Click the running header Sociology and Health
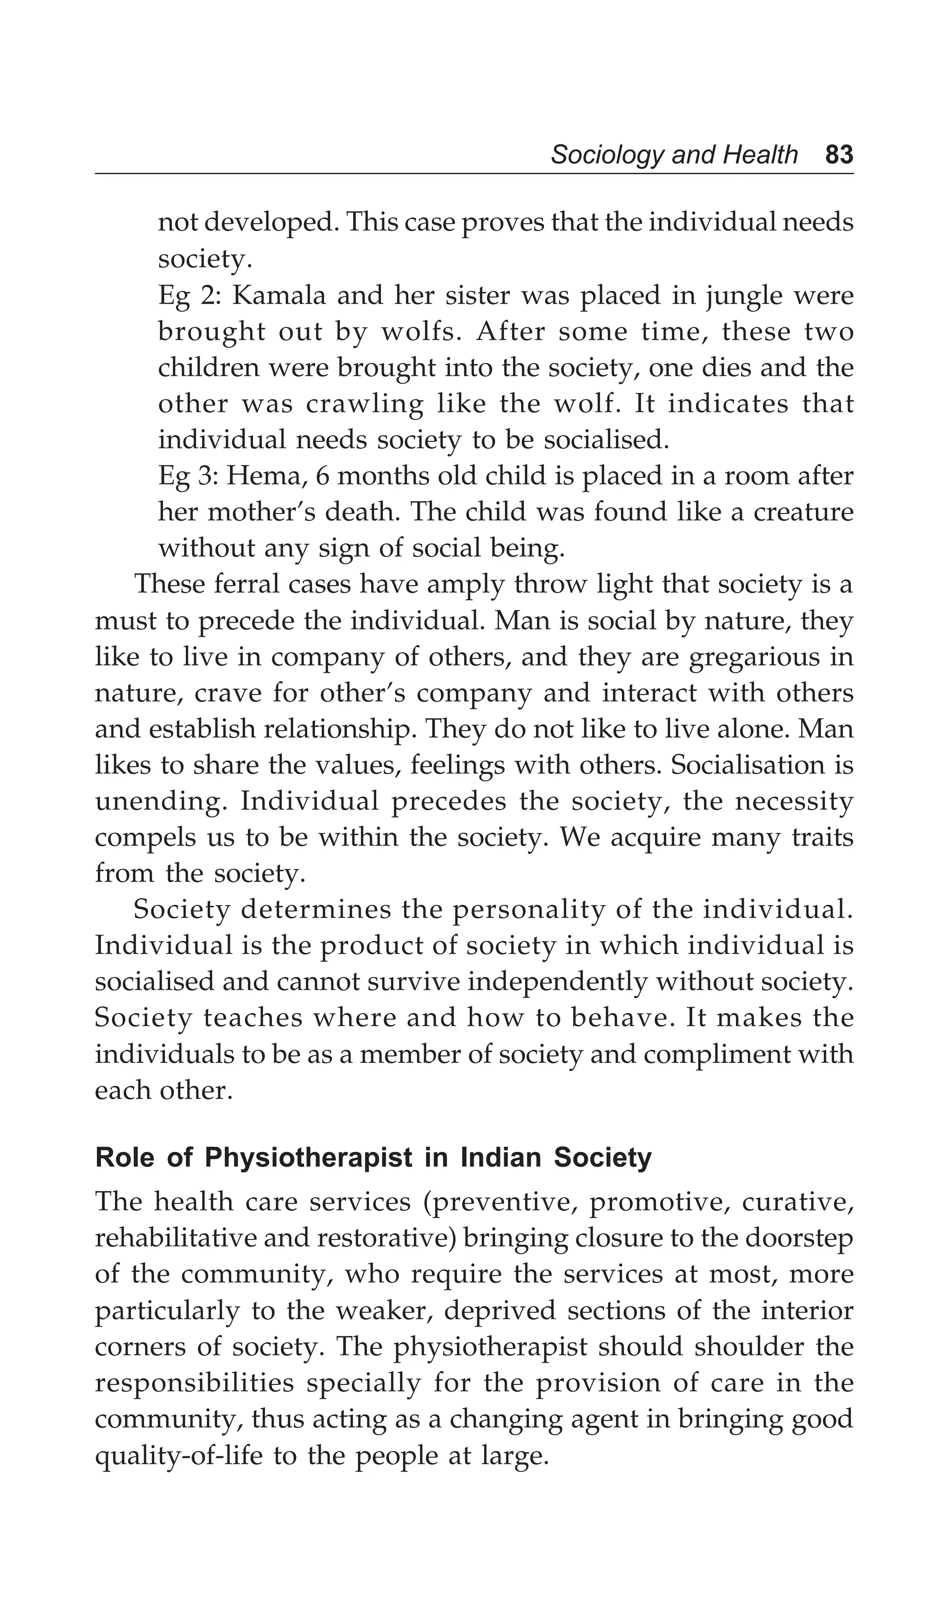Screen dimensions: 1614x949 pos(674,155)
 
